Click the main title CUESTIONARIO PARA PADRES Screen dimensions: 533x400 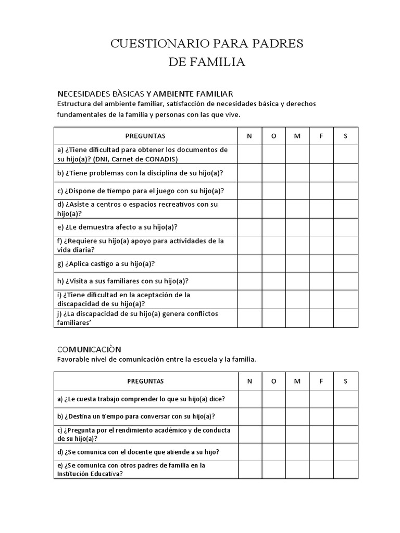206,44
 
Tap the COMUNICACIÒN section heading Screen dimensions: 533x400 89,349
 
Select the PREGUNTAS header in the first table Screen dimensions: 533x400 145,136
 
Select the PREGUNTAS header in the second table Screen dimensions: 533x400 145,381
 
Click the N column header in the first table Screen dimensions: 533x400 249,136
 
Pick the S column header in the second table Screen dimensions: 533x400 345,381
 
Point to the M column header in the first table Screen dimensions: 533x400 297,136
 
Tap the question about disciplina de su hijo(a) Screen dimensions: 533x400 144,173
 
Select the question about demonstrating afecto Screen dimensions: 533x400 118,227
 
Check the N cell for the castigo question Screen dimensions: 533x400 249,263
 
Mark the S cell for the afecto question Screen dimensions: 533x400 345,227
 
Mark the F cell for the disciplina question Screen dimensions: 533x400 321,173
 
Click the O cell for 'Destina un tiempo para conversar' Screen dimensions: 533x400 273,416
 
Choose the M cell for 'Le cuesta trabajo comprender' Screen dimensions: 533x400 297,399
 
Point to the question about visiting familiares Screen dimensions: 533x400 123,281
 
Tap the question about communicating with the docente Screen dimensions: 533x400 138,451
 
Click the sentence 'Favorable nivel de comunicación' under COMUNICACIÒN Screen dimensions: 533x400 156,359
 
